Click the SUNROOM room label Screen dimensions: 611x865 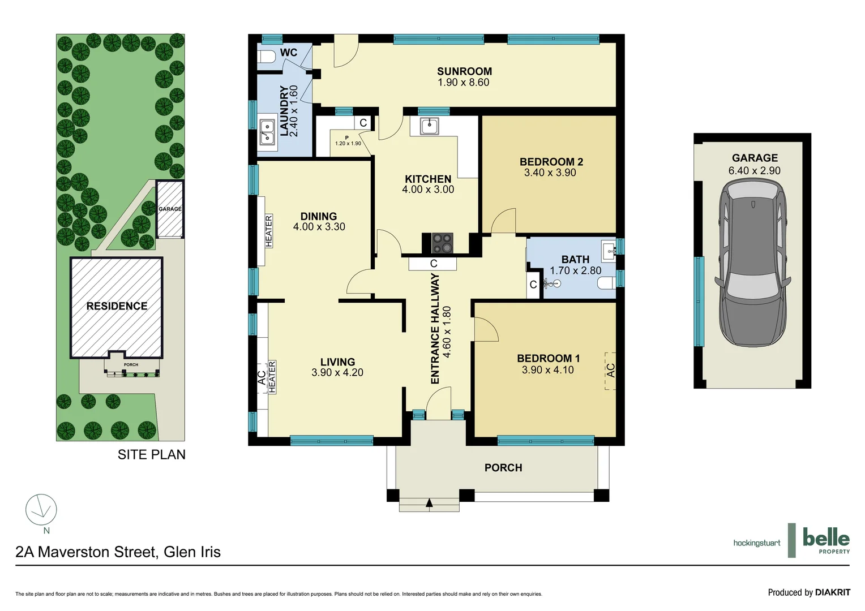(464, 71)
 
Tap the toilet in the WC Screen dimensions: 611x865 (265, 57)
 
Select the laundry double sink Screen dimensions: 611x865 (267, 132)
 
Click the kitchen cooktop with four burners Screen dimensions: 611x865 (442, 243)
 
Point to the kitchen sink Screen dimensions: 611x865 (429, 126)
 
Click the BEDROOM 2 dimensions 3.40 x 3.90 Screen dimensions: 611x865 (550, 173)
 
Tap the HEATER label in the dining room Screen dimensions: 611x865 (269, 231)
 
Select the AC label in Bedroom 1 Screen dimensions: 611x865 (610, 371)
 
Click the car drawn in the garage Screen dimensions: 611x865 (752, 262)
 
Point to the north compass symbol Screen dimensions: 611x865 (41, 510)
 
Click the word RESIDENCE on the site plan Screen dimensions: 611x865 (117, 306)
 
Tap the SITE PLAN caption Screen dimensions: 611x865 (151, 455)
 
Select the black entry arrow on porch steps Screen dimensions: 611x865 (429, 502)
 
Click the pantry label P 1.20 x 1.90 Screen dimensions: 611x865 (347, 140)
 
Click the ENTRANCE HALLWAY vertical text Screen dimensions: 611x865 (435, 328)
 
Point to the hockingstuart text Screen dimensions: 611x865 (756, 543)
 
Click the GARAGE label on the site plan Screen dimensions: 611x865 (170, 209)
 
